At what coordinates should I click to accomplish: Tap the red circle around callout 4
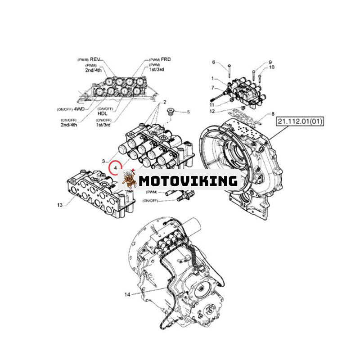116,167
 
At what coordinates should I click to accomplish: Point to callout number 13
60,205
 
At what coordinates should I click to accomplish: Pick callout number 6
214,62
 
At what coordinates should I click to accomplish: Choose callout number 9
270,62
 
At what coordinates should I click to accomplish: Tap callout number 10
271,67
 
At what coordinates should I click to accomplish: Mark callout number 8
273,115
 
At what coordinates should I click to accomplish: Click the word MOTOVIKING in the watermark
188,180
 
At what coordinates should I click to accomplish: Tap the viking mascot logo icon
129,179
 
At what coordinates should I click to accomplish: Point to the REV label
95,59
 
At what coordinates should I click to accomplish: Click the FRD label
166,59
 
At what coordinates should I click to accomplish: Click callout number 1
214,78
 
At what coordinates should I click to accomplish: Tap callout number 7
214,88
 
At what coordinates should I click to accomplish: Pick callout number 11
212,105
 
